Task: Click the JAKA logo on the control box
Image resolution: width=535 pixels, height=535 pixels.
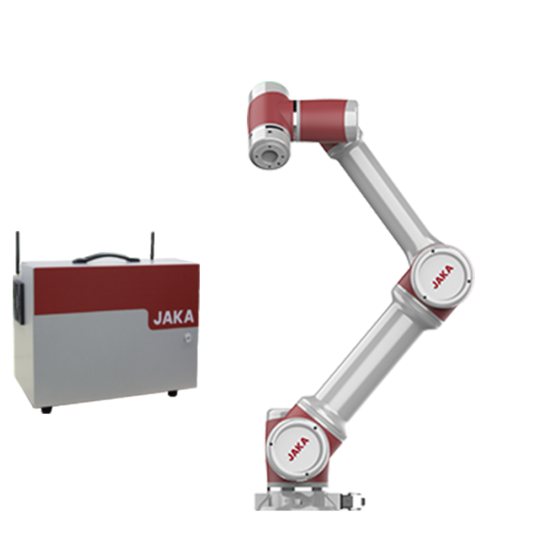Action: pyautogui.click(x=174, y=318)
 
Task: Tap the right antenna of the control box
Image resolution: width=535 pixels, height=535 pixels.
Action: pyautogui.click(x=152, y=246)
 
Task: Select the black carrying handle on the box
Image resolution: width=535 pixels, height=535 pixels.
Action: pyautogui.click(x=106, y=258)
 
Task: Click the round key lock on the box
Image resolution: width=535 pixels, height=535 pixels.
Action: pyautogui.click(x=188, y=337)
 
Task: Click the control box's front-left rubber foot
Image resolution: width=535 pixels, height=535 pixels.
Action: pyautogui.click(x=46, y=410)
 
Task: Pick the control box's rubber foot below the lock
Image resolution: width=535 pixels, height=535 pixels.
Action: pyautogui.click(x=173, y=393)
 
